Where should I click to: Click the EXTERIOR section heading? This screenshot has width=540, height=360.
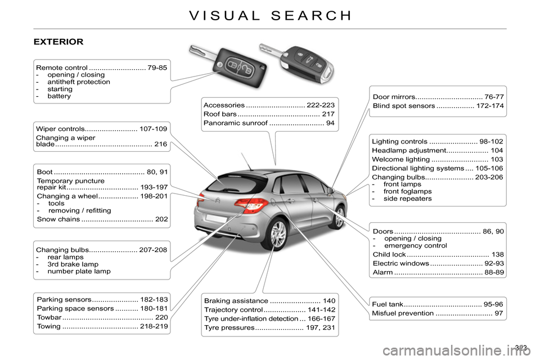pyautogui.click(x=58, y=42)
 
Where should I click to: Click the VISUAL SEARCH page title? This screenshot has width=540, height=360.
pyautogui.click(x=270, y=15)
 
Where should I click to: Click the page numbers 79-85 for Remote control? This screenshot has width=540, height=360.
pyautogui.click(x=157, y=68)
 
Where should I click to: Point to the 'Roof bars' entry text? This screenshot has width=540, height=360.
pyautogui.click(x=220, y=114)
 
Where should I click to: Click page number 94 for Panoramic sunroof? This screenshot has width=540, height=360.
pyautogui.click(x=331, y=123)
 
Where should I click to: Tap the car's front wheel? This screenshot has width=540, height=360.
pyautogui.click(x=339, y=217)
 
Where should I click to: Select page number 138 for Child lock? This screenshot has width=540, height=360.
pyautogui.click(x=497, y=255)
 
